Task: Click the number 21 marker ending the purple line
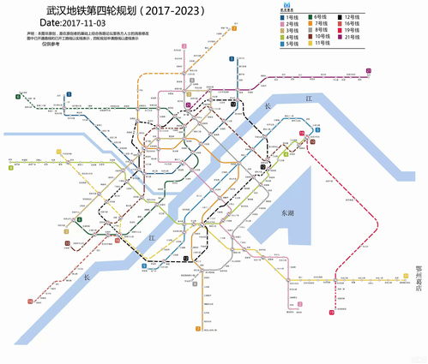click(x=369, y=71)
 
